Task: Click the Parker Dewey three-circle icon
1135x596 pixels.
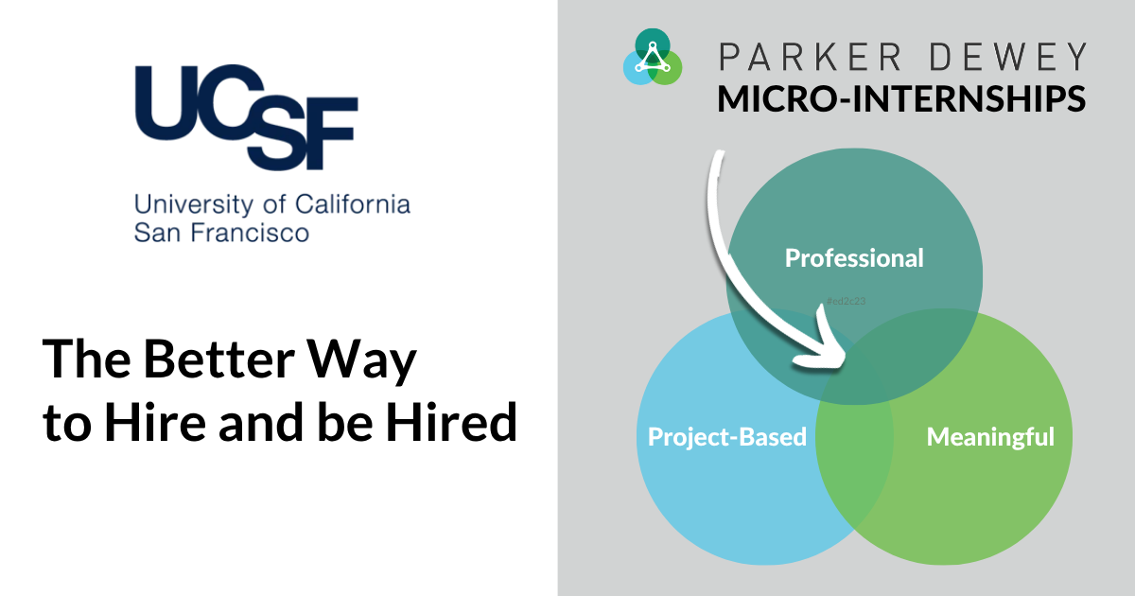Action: [653, 56]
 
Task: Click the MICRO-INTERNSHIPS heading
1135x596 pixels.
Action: [901, 98]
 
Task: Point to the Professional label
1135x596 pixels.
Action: [854, 257]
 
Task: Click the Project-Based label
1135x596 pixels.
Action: [726, 437]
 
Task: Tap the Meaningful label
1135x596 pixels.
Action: [990, 437]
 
